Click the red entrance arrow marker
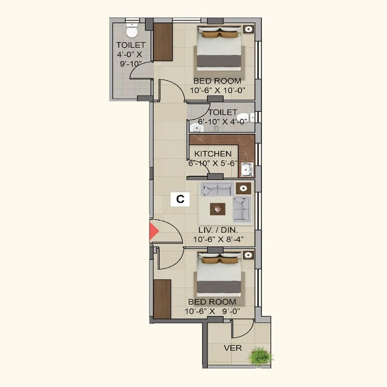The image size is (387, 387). pos(154,231)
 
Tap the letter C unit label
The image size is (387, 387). pos(180,199)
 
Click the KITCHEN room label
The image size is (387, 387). pos(213,154)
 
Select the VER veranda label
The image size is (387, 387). pos(233,348)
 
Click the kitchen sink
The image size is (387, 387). pos(247,170)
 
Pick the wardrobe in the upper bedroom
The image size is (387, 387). pos(163,41)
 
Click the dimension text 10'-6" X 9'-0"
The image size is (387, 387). pos(215,310)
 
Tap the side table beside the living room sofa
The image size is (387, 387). pos(243,188)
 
